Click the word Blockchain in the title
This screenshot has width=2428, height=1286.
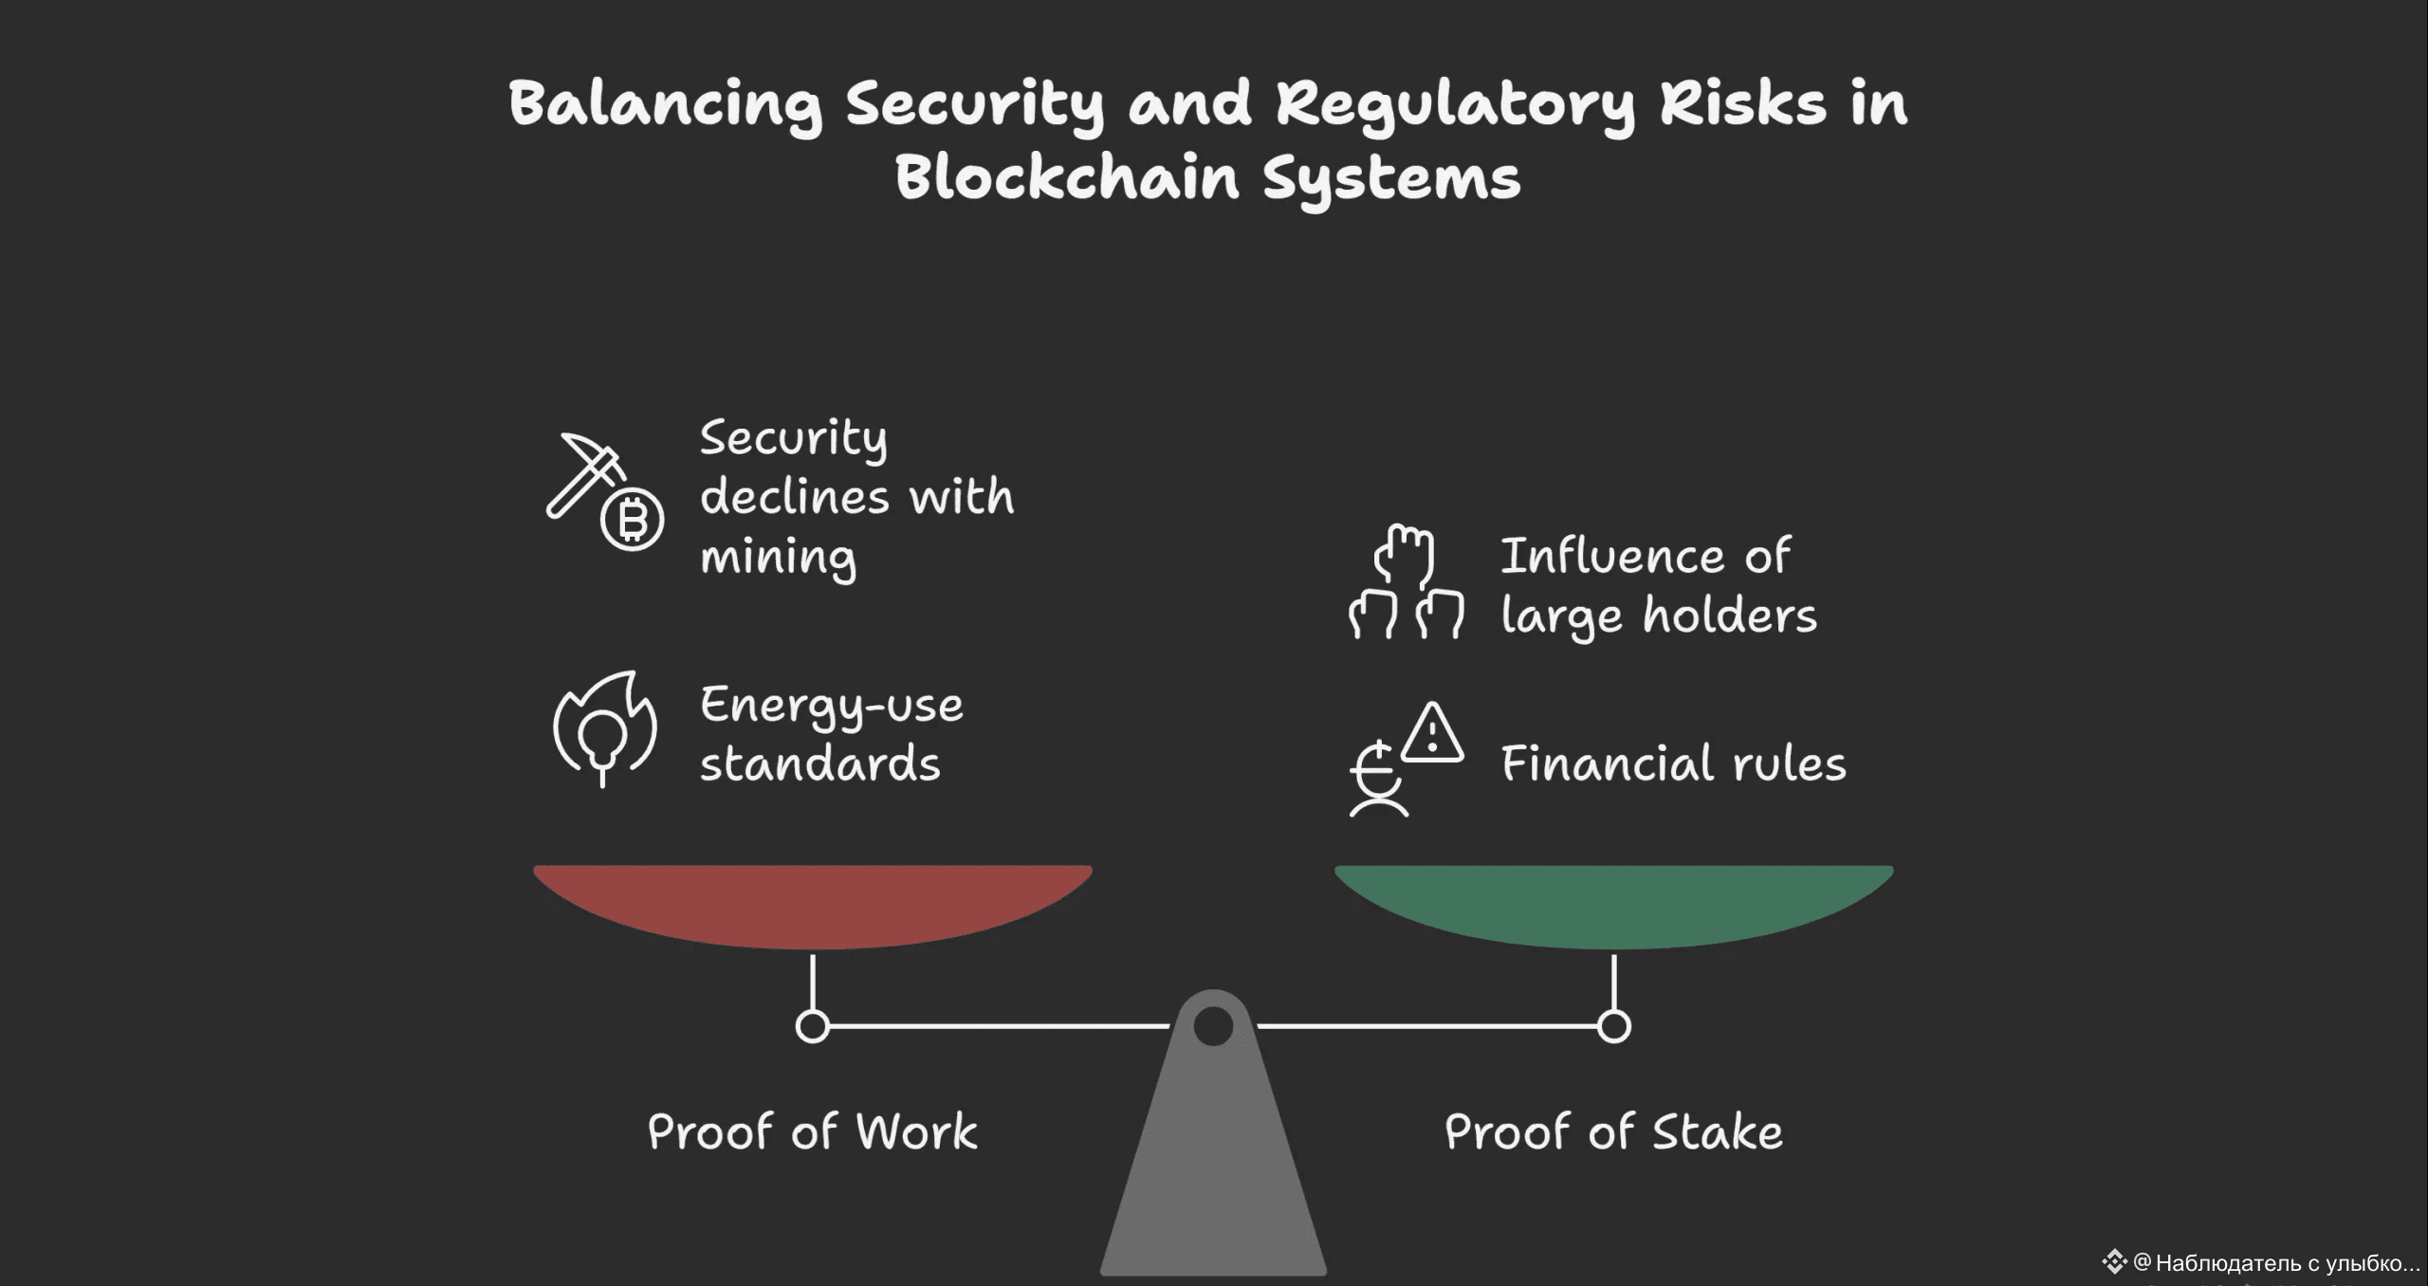point(1067,177)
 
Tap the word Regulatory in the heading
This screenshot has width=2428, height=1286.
point(1455,104)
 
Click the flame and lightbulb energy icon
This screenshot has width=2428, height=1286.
point(605,728)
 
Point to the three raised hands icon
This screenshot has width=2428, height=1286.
point(1407,581)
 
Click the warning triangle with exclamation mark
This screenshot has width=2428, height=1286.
point(1432,733)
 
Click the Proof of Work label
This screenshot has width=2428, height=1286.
point(812,1132)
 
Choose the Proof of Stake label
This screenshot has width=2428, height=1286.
point(1613,1132)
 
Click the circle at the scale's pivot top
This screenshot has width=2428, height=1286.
point(1213,1026)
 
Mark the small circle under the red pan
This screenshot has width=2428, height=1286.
point(812,1026)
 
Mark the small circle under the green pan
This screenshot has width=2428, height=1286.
point(1613,1026)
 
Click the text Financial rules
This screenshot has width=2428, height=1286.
point(1674,764)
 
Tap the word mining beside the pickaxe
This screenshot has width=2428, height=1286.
point(778,558)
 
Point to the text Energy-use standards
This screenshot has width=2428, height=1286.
point(830,734)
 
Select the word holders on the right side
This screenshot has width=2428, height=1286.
point(1730,615)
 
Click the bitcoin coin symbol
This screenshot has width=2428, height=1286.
point(633,521)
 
